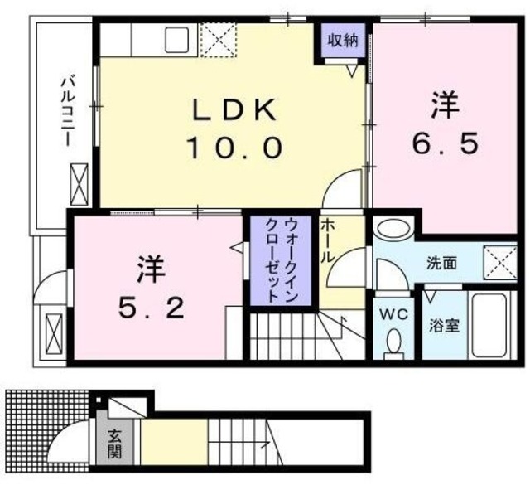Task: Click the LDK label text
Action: tap(235, 109)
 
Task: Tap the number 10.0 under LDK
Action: tap(235, 149)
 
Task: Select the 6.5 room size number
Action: tap(445, 145)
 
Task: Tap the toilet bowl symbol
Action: tap(395, 341)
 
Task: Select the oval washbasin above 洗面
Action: tap(392, 229)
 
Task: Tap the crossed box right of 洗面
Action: tap(499, 263)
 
